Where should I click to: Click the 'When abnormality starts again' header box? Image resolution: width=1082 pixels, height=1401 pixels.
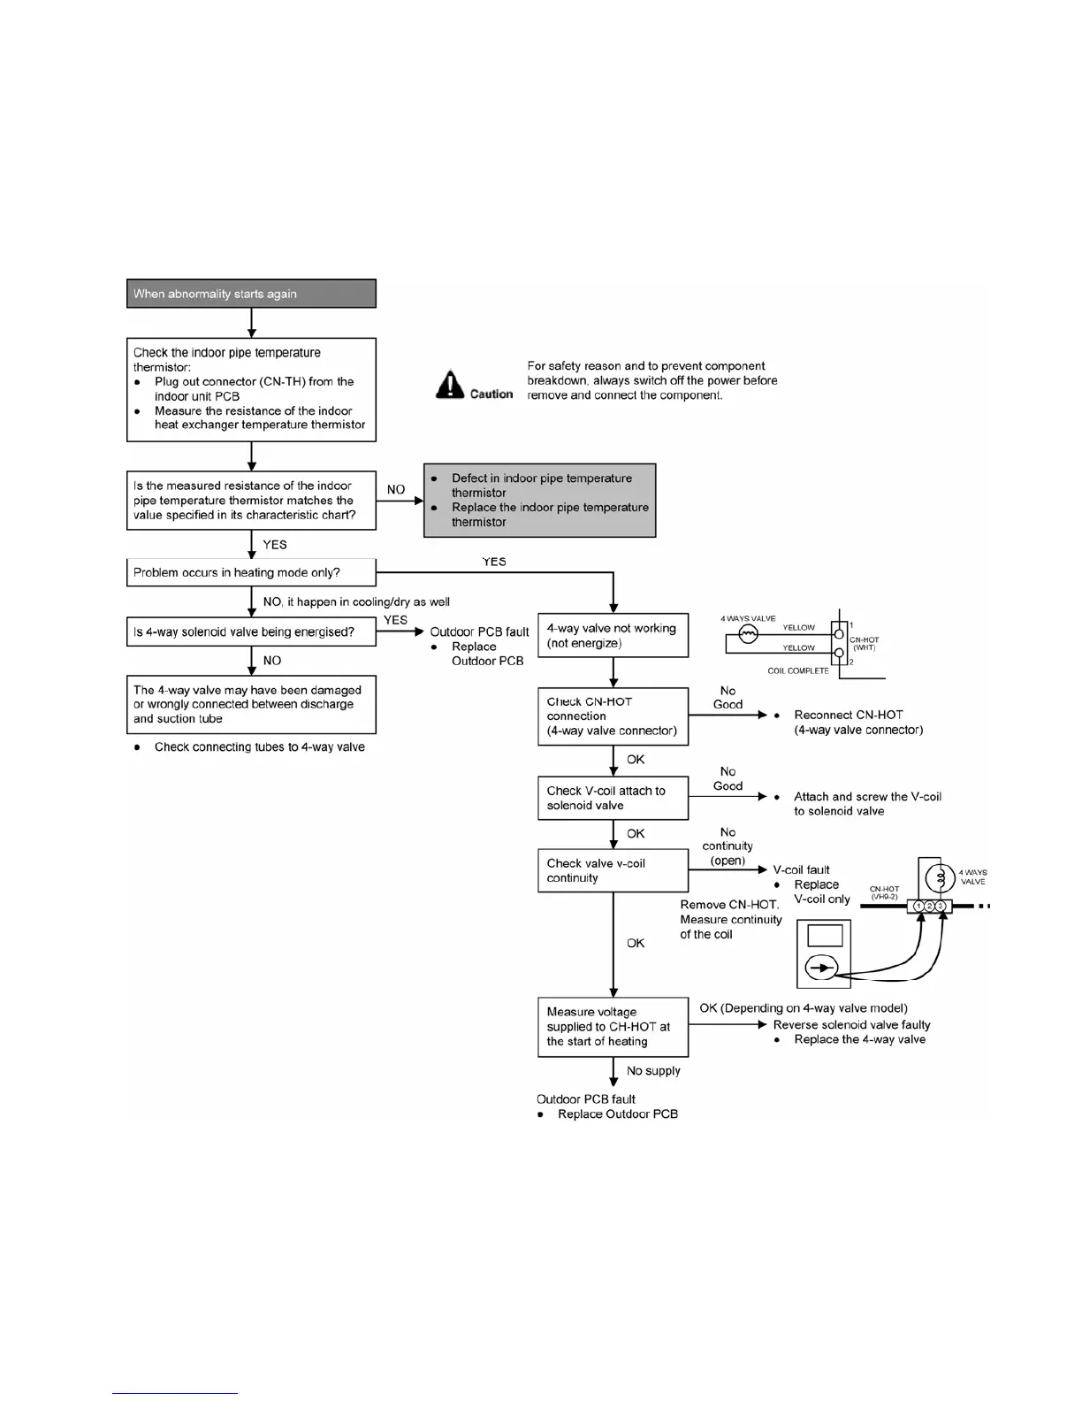tap(251, 294)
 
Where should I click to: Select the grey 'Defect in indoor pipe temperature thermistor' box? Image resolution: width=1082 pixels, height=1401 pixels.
tap(540, 500)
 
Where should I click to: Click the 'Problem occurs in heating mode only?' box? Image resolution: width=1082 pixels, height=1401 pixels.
tap(251, 572)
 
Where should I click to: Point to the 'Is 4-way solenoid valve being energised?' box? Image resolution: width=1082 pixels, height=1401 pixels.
tap(251, 632)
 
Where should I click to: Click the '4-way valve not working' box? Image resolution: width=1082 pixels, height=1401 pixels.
tap(613, 635)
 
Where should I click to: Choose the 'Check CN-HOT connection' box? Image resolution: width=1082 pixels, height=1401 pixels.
tap(613, 716)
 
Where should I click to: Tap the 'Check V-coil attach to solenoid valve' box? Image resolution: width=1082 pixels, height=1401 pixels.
tap(613, 798)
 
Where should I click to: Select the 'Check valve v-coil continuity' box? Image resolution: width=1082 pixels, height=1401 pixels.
tap(613, 870)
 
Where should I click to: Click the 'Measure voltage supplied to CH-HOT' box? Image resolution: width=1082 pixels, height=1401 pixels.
tap(613, 1026)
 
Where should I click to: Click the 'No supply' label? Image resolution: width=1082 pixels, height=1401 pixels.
tap(653, 1070)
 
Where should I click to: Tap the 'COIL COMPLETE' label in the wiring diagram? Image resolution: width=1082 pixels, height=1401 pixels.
tap(798, 670)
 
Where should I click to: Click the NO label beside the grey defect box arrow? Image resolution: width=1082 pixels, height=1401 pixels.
tap(396, 489)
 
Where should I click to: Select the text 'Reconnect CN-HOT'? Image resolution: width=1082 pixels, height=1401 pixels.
tap(849, 715)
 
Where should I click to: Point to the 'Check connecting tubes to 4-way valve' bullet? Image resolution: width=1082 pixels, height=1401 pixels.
tap(259, 746)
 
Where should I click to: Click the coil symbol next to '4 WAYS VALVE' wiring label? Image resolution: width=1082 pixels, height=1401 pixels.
tap(748, 634)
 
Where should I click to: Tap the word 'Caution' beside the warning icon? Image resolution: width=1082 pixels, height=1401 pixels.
tap(491, 394)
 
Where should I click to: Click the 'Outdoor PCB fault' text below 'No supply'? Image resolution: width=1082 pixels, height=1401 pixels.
tap(586, 1099)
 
